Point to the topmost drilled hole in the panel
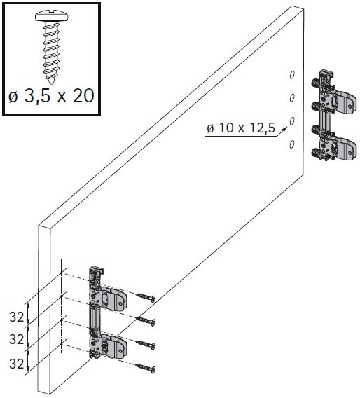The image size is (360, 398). (292, 75)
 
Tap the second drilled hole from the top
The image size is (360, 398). (292, 97)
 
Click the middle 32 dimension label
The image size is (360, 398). (15, 340)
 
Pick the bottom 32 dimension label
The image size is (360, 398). (15, 363)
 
